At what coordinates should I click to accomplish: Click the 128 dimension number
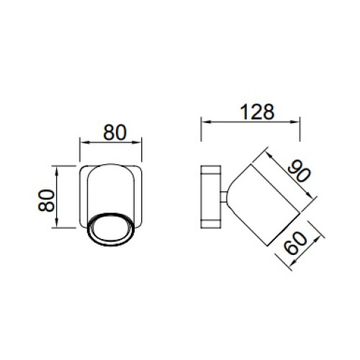(257, 112)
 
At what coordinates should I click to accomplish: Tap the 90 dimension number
(300, 171)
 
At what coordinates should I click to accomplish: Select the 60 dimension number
(295, 243)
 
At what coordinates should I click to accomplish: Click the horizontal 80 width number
(114, 132)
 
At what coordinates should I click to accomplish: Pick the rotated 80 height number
(47, 200)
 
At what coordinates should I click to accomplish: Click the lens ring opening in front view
(111, 229)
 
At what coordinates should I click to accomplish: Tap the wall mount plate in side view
(211, 197)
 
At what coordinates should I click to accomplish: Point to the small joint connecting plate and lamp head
(224, 197)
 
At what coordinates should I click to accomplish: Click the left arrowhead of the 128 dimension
(205, 122)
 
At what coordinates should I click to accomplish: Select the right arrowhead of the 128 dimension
(295, 122)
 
